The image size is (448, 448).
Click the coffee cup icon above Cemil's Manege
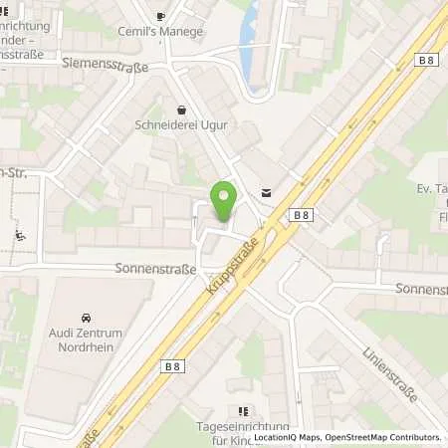161,16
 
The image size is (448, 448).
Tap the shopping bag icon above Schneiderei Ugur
180,111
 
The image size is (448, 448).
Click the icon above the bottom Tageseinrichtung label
241,410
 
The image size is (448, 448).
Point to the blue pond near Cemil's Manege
249,45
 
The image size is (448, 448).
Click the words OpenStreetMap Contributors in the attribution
391,437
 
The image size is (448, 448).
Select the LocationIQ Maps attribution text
287,437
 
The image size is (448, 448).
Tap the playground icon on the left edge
19,236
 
